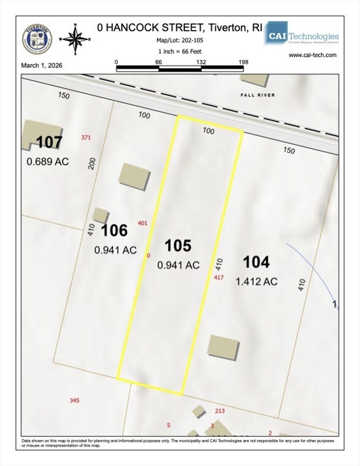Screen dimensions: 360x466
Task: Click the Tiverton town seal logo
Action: point(37,39)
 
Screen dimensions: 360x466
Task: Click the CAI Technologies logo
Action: point(301,35)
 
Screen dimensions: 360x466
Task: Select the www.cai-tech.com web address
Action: point(313,55)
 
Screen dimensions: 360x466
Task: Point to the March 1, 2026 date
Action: point(42,65)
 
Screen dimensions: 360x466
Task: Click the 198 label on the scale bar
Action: point(243,62)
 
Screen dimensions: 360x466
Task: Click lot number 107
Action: point(49,143)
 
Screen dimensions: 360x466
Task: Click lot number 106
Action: point(114,231)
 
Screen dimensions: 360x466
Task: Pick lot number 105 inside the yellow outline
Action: point(178,246)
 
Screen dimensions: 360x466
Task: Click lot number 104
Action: point(256,262)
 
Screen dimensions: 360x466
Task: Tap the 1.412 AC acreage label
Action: point(256,281)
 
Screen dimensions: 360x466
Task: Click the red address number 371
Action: point(86,138)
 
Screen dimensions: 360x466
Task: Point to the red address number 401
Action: point(143,223)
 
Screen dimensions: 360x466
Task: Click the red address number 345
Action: point(74,400)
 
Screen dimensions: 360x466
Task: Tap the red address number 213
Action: point(220,411)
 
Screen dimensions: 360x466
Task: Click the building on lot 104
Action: point(223,346)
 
